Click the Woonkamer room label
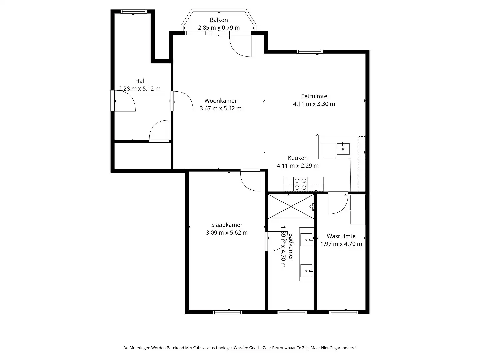point(220,101)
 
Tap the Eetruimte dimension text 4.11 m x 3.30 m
point(314,104)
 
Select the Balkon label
point(219,20)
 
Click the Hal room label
point(139,81)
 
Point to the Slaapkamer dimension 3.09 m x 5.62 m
point(227,233)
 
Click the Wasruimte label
point(341,236)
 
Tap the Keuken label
point(298,158)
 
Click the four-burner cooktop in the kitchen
point(300,184)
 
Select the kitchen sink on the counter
point(343,149)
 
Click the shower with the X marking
point(291,207)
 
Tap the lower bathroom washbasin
point(306,271)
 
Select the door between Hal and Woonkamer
point(182,101)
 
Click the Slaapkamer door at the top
point(250,180)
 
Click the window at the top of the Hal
point(133,12)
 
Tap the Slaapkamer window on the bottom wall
point(227,312)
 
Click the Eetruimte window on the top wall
point(310,52)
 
